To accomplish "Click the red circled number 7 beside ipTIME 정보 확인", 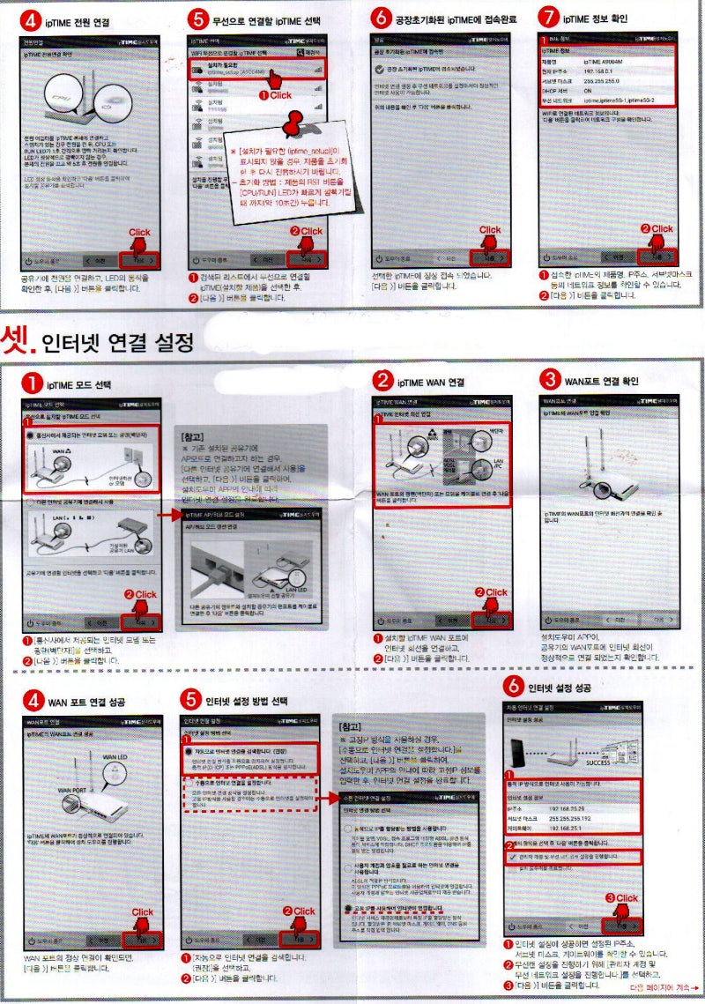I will point(549,17).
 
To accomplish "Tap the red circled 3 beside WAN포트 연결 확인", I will point(548,380).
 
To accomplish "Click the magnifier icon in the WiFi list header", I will point(298,54).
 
